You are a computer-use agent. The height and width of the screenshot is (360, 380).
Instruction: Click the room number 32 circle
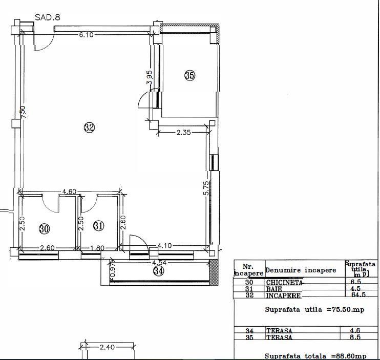coord(89,128)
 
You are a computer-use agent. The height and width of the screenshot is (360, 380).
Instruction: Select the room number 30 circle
coord(45,228)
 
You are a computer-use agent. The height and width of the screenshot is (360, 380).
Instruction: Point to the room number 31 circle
coord(99,225)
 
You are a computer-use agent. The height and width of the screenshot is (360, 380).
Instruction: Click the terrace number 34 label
coord(159,271)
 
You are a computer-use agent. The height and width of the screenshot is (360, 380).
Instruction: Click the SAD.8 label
coord(48,16)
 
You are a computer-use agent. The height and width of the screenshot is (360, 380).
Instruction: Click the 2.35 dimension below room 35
coord(183,132)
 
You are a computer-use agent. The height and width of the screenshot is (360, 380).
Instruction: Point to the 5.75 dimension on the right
coord(206,188)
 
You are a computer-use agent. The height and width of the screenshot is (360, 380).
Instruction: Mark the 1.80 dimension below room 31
coord(97,248)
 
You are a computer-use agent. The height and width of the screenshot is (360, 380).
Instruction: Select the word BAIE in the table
coord(273,289)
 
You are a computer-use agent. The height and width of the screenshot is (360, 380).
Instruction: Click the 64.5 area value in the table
coord(357,294)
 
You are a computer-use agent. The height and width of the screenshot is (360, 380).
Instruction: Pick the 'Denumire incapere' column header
coord(301,270)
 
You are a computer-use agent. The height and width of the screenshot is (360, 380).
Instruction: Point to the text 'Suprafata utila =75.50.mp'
coord(315,310)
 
